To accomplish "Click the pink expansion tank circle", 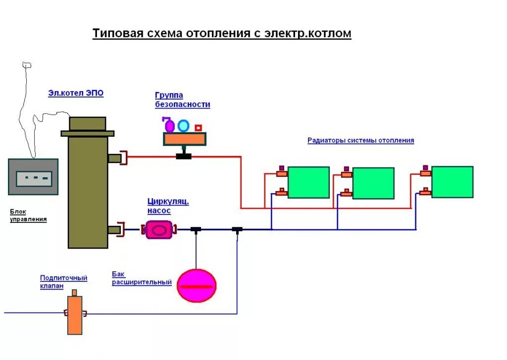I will (197, 286).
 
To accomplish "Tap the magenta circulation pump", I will (159, 230).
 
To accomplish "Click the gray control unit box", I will (33, 177).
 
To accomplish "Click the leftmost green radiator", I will (308, 182).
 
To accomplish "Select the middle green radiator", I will (373, 183).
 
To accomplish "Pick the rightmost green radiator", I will (452, 182).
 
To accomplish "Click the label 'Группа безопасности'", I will (182, 100).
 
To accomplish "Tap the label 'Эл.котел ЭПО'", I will (76, 93).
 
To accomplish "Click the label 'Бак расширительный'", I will (142, 278).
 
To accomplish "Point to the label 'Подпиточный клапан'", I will (63, 282).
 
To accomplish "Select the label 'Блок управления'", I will (29, 215).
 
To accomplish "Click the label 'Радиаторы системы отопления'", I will (360, 141).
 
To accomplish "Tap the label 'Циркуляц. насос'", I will (168, 206).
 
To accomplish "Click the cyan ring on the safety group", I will (183, 126).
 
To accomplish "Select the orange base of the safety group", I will (185, 140).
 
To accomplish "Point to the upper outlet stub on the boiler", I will (114, 158).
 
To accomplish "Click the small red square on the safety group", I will (199, 128).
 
